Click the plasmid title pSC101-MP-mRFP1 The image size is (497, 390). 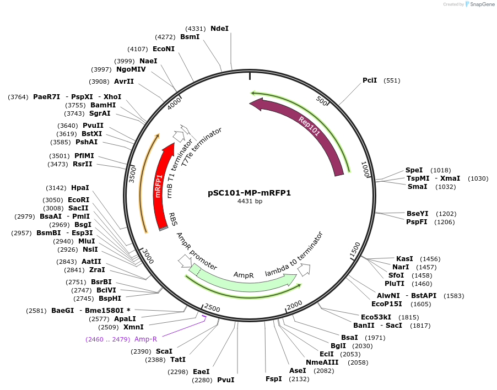[249, 193]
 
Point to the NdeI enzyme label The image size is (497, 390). [219, 28]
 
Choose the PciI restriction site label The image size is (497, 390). [370, 80]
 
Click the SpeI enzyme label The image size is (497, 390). [414, 170]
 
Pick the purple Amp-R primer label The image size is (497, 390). [145, 339]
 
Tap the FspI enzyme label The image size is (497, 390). [274, 379]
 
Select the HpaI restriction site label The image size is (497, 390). [80, 188]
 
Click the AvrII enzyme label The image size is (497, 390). [123, 82]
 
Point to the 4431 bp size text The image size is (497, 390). [249, 201]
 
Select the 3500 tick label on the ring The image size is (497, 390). [133, 171]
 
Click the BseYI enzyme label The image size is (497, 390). [417, 214]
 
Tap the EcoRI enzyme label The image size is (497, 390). [78, 200]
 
